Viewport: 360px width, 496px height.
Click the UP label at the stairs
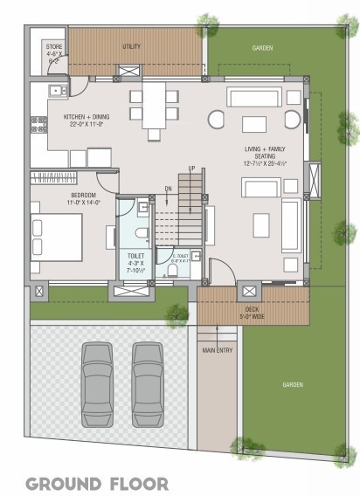[192, 168]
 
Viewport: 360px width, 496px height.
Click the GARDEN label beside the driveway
[293, 385]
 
